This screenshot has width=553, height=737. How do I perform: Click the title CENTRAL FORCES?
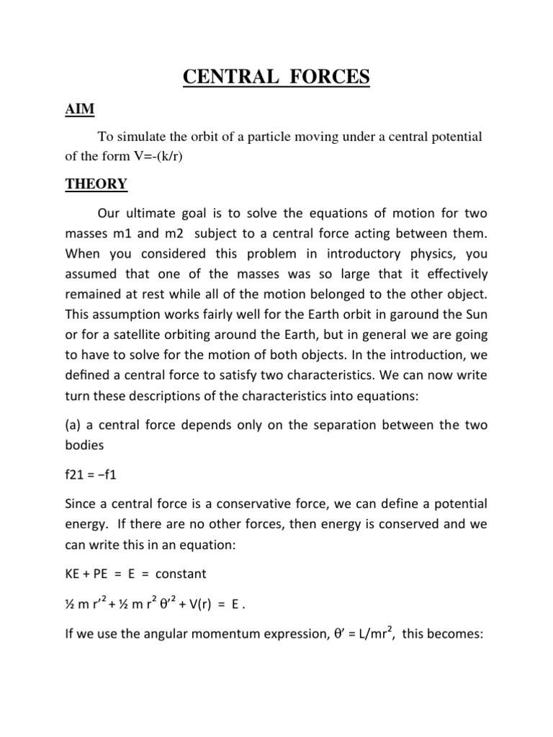tap(276, 76)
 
